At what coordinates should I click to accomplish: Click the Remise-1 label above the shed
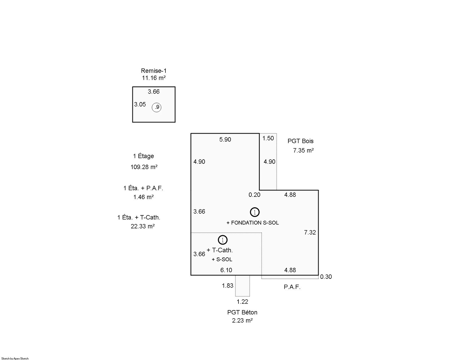[x=154, y=71]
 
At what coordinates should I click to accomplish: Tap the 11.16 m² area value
[x=154, y=78]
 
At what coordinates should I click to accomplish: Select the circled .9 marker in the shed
[x=156, y=107]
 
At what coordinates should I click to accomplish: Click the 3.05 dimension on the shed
[x=140, y=104]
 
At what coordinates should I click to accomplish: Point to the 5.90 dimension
[x=225, y=140]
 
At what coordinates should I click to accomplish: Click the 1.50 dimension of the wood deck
[x=268, y=138]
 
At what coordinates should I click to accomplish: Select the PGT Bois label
[x=300, y=141]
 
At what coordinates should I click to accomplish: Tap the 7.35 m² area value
[x=303, y=150]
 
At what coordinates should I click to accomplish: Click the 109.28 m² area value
[x=144, y=167]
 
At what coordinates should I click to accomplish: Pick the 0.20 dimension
[x=255, y=195]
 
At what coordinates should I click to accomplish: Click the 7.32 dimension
[x=310, y=232]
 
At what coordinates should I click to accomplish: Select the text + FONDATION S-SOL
[x=253, y=223]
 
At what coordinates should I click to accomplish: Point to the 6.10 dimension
[x=226, y=270]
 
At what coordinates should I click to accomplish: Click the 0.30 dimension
[x=326, y=277]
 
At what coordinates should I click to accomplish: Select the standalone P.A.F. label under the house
[x=292, y=287]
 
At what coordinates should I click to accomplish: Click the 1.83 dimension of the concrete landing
[x=227, y=286]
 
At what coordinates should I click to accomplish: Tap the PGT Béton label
[x=242, y=312]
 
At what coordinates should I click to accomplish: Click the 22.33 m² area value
[x=143, y=226]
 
